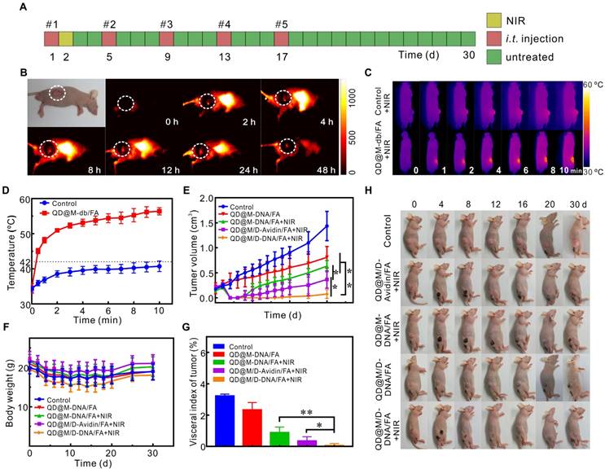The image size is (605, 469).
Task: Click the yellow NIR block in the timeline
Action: (x=66, y=39)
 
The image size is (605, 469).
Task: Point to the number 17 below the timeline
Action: (x=281, y=56)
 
